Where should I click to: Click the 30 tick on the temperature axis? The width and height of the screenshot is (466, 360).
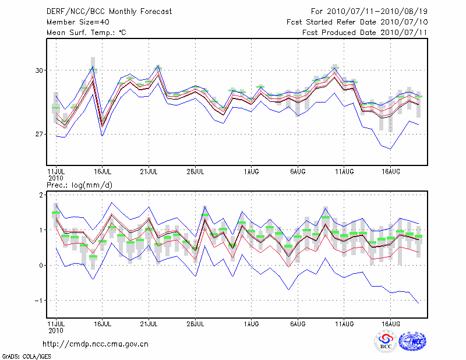[x=40, y=70]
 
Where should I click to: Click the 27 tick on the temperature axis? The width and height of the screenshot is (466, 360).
[x=40, y=135]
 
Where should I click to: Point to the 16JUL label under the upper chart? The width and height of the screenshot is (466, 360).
[x=103, y=172]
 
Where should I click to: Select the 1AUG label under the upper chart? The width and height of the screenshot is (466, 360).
[x=252, y=172]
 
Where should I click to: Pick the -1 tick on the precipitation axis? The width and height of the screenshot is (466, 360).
[x=40, y=301]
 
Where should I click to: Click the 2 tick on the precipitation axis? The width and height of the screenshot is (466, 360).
[x=41, y=195]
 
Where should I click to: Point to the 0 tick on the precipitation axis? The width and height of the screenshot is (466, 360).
[x=41, y=266]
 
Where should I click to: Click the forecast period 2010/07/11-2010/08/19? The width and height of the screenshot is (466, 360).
[x=369, y=12]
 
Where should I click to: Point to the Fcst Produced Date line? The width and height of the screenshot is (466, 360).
[x=365, y=33]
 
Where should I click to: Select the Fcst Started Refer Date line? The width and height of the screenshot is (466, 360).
[x=357, y=22]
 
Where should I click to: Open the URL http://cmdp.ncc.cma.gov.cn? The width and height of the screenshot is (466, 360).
[x=96, y=344]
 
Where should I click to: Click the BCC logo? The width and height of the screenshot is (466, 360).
[x=386, y=342]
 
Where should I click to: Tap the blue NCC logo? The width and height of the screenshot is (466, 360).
[x=412, y=341]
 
